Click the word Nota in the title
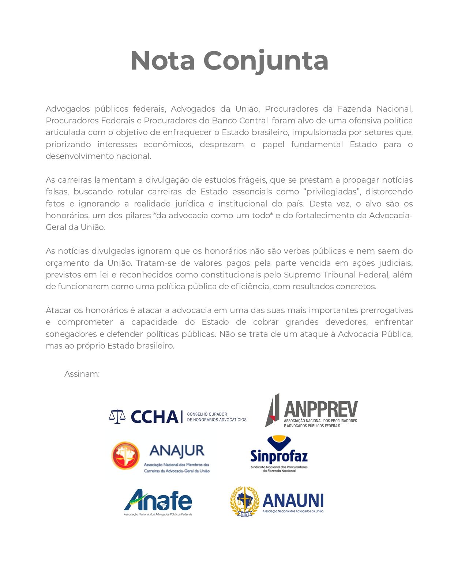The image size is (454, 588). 162,61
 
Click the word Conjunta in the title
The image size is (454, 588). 266,61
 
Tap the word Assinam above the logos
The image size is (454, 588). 82,374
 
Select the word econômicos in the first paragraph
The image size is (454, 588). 168,144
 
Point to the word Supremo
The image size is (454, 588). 300,275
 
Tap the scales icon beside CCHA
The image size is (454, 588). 117,417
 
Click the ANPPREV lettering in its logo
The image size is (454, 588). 321,409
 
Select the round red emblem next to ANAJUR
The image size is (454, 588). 125,455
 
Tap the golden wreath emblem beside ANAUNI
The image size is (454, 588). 244,501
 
